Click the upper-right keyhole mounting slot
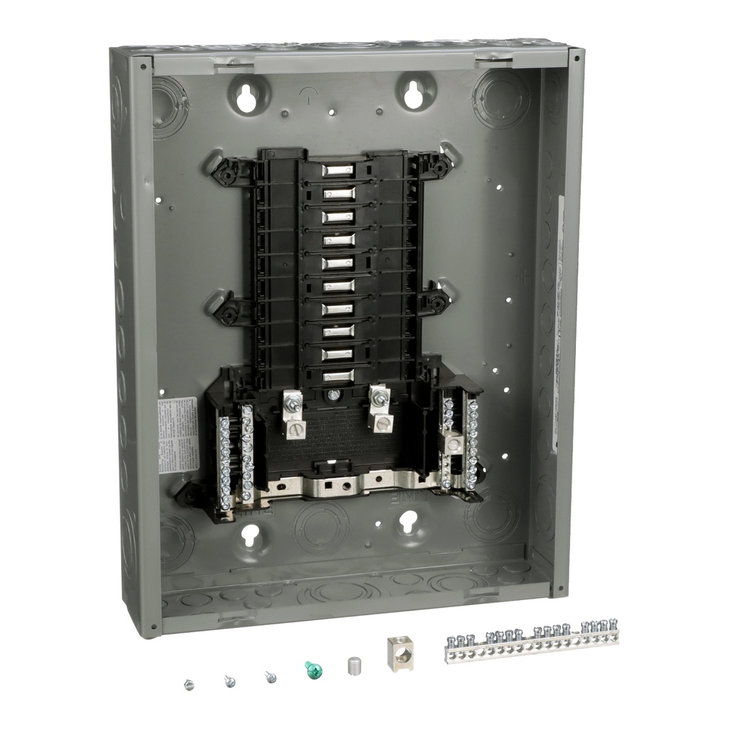click(414, 95)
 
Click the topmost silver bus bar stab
click(338, 171)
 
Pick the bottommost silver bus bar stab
click(338, 376)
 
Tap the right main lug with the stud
click(378, 411)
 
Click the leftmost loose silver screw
click(189, 685)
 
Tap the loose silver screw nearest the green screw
click(271, 677)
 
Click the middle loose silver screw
click(229, 681)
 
